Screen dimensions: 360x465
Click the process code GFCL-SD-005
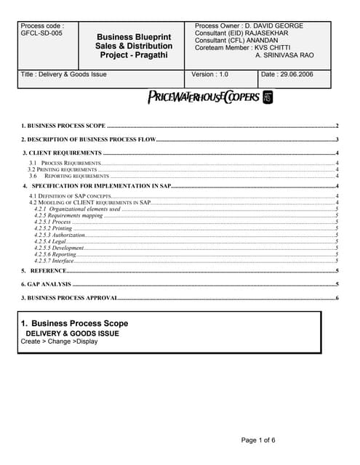[x=42, y=34]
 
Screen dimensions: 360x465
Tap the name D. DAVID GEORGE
[x=277, y=26]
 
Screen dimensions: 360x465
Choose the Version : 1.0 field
[x=210, y=74]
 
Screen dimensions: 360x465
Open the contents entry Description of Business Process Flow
[x=88, y=139]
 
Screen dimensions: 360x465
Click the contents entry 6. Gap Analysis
[x=46, y=284]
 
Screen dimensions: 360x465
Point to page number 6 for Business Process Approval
[x=337, y=298]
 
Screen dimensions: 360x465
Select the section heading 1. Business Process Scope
[x=74, y=323]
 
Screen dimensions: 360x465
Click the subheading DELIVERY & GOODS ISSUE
[x=73, y=333]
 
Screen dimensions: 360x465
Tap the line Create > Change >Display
[x=59, y=341]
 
